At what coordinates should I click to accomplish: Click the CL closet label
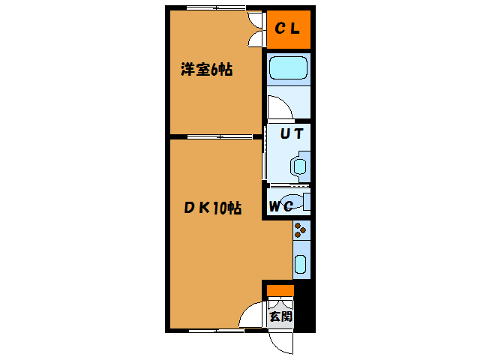[x=287, y=29]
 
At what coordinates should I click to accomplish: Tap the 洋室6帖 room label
[x=205, y=70]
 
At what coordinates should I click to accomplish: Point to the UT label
[x=291, y=135]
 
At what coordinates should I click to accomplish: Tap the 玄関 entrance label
[x=280, y=316]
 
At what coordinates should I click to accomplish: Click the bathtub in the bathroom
[x=289, y=70]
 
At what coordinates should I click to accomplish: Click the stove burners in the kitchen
[x=301, y=230]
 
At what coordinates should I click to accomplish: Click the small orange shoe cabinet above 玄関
[x=280, y=290]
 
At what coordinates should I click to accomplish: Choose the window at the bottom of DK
[x=214, y=330]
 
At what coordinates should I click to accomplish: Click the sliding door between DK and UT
[x=265, y=154]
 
